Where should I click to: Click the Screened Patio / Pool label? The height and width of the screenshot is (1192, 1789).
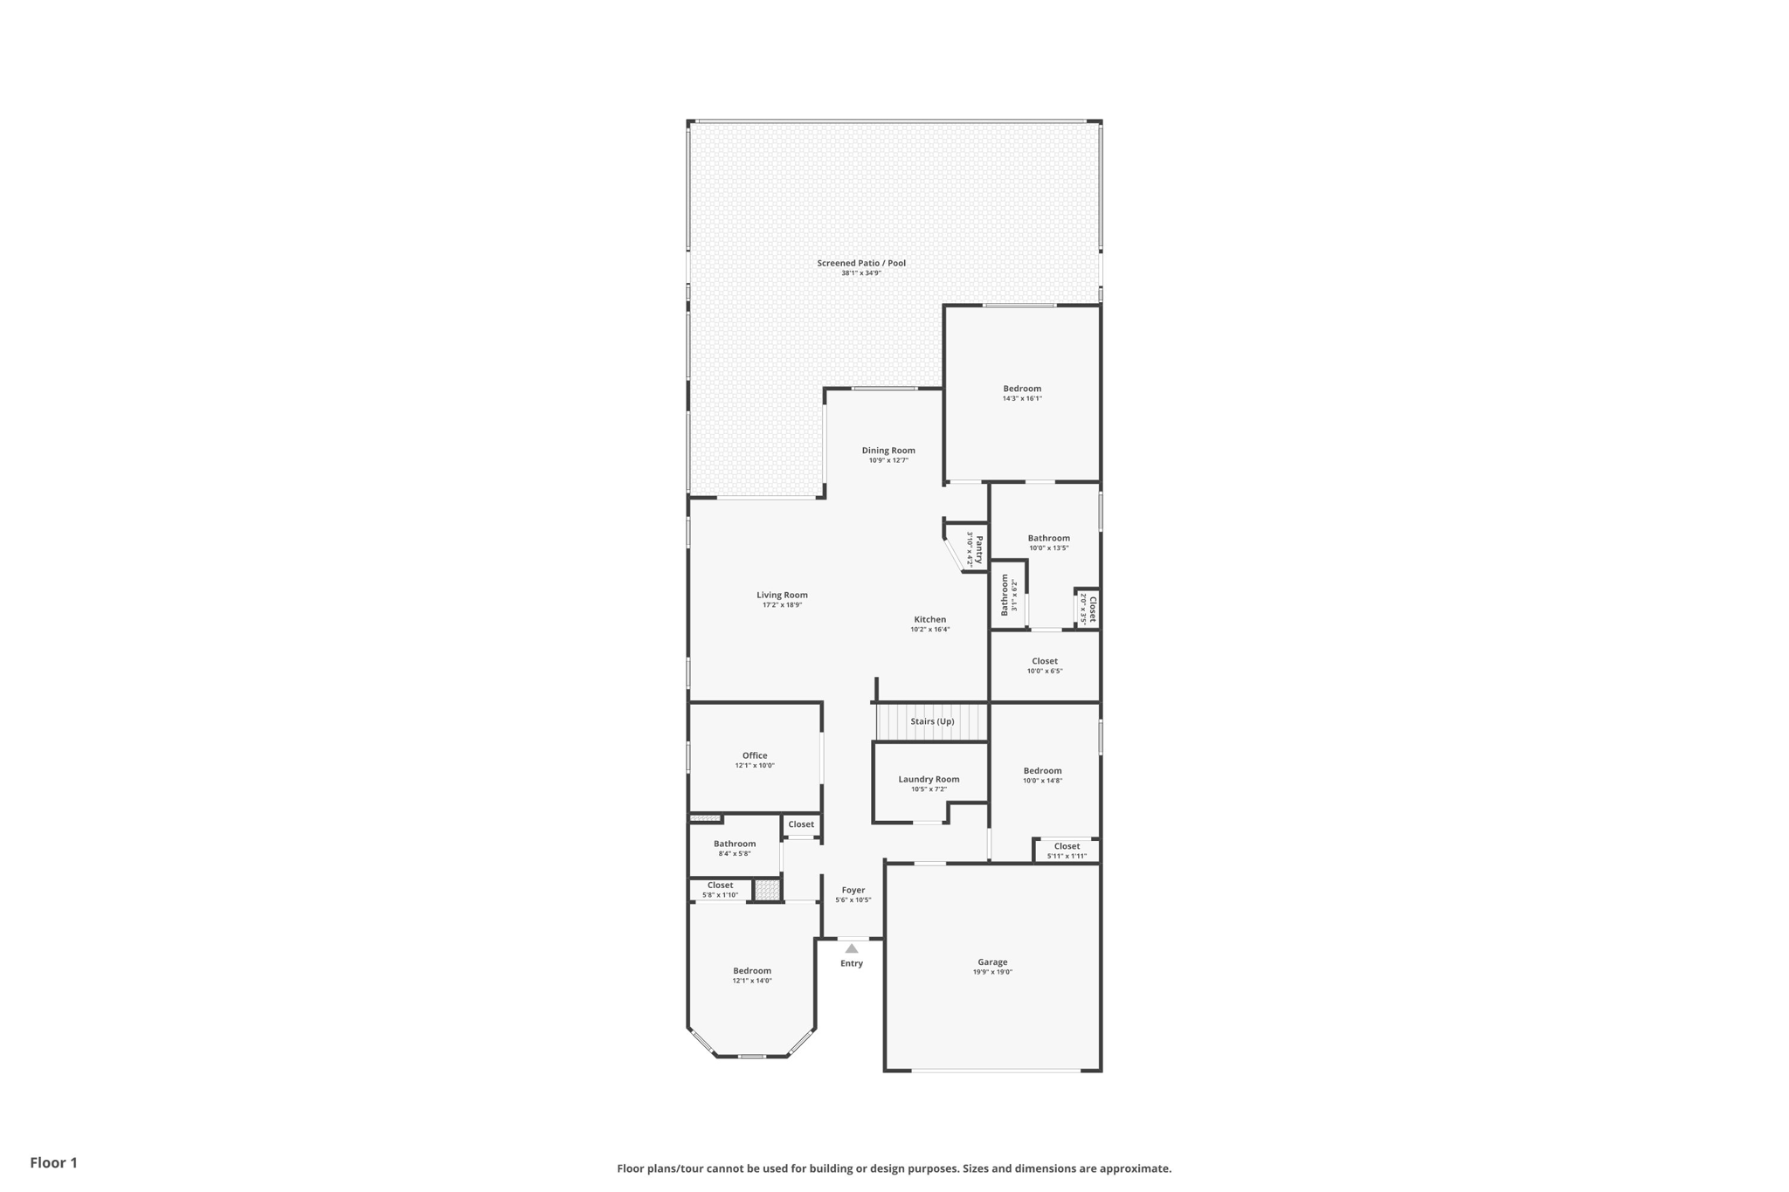(860, 263)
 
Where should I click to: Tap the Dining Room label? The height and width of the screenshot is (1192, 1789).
(888, 451)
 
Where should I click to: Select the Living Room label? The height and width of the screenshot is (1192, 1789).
(782, 596)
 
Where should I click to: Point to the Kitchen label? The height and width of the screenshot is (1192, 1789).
(929, 620)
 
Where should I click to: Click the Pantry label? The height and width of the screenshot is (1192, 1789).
(979, 549)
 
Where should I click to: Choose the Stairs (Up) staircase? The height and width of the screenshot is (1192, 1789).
(932, 722)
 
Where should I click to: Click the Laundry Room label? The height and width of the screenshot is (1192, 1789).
(929, 780)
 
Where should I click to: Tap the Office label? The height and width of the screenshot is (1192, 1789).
(755, 756)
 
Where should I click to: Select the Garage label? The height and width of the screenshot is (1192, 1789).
(992, 962)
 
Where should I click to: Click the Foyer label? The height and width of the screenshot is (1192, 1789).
(853, 891)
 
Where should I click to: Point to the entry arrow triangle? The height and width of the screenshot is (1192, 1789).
(852, 948)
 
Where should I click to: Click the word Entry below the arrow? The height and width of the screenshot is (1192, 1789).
(852, 964)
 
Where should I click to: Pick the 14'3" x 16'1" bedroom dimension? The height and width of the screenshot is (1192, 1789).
(1022, 399)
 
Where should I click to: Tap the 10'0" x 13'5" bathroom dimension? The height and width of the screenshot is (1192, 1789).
(1048, 548)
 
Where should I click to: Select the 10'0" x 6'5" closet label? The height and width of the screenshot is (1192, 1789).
(1045, 672)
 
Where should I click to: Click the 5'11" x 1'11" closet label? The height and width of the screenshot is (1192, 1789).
(1067, 857)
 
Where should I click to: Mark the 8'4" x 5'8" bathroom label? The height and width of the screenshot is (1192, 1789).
(735, 854)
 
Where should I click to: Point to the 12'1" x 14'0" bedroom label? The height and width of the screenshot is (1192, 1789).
(752, 981)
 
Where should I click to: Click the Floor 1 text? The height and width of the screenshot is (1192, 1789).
(54, 1163)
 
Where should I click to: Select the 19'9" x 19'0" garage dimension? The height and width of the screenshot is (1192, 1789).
(992, 972)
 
